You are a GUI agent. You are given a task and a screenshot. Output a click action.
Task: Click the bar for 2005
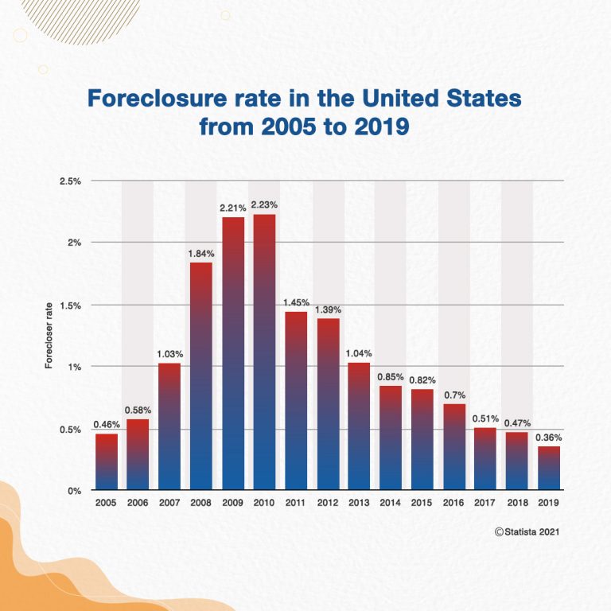[107, 461]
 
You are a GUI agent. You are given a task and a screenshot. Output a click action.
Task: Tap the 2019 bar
[547, 468]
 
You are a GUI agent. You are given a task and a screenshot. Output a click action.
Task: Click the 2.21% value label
[233, 208]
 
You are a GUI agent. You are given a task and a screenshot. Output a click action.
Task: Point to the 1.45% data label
[296, 303]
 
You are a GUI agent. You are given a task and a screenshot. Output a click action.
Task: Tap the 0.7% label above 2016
[454, 395]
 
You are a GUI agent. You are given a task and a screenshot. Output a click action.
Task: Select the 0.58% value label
[138, 411]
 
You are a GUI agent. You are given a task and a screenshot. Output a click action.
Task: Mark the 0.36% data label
[548, 438]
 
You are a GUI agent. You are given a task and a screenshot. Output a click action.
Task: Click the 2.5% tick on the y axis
[71, 181]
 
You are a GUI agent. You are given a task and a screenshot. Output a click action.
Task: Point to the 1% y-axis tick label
[75, 367]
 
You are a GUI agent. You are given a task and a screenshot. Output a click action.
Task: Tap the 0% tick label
[74, 491]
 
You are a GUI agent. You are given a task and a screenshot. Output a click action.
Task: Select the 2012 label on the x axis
[327, 504]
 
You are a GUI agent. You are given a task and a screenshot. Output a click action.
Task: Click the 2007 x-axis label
[169, 504]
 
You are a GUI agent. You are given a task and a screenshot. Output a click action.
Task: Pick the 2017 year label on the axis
[485, 504]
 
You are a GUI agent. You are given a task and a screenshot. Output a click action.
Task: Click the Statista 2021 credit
[527, 532]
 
